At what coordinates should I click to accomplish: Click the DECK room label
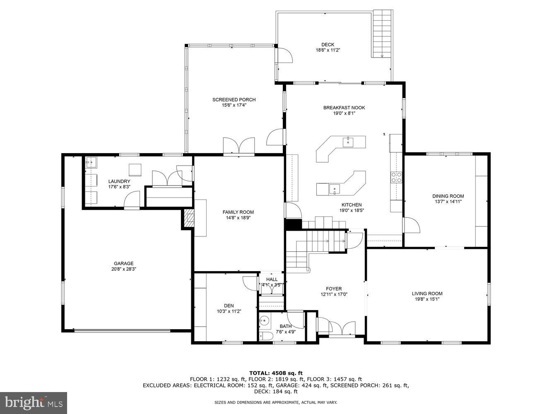pyautogui.click(x=328, y=45)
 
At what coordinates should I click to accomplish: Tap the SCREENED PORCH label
pyautogui.click(x=234, y=100)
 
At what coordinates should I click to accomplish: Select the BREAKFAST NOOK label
pyautogui.click(x=344, y=108)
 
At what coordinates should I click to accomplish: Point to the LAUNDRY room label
pyautogui.click(x=119, y=181)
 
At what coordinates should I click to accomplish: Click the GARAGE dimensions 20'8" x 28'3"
pyautogui.click(x=124, y=269)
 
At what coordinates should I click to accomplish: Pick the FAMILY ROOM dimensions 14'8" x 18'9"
pyautogui.click(x=238, y=218)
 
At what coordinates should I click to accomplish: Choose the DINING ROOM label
pyautogui.click(x=448, y=196)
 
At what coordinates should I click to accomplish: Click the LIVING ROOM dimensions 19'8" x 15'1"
pyautogui.click(x=427, y=299)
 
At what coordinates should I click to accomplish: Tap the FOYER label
pyautogui.click(x=334, y=289)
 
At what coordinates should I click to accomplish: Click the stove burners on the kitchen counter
pyautogui.click(x=396, y=178)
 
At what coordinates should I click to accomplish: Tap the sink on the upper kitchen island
pyautogui.click(x=348, y=142)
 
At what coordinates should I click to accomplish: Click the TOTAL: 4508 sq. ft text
pyautogui.click(x=276, y=373)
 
